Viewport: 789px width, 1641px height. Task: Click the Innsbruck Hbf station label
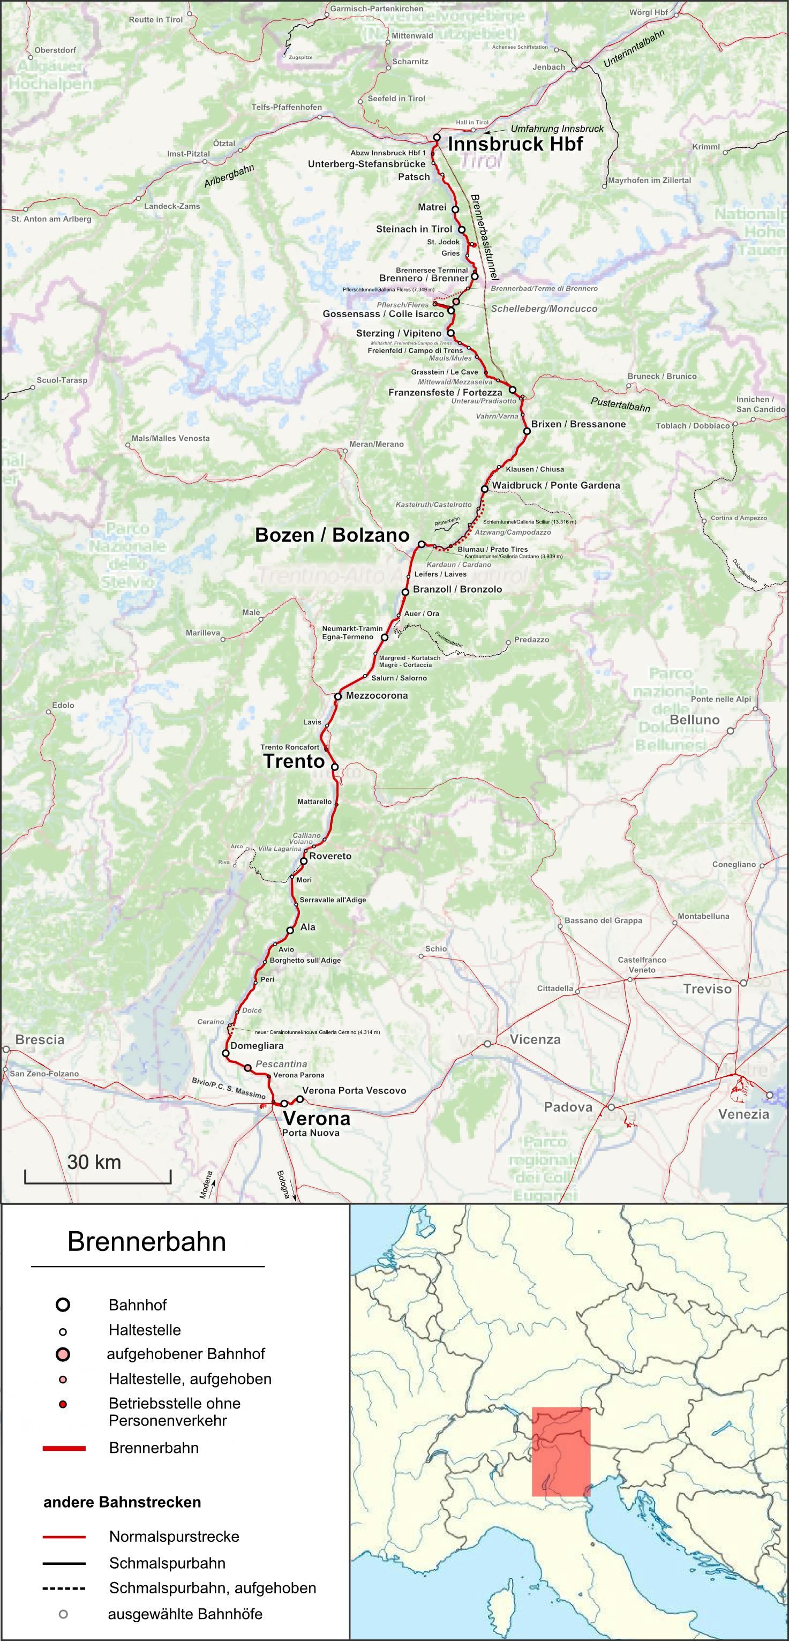pyautogui.click(x=515, y=144)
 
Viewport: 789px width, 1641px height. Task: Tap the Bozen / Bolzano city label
pyautogui.click(x=332, y=535)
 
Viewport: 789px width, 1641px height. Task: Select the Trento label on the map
pyautogui.click(x=294, y=761)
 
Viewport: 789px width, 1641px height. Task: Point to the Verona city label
pyautogui.click(x=316, y=1118)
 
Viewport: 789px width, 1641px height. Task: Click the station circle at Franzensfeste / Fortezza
pyautogui.click(x=512, y=390)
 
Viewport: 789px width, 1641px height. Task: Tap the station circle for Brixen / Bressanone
pyautogui.click(x=527, y=431)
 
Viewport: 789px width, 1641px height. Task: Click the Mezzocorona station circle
pyautogui.click(x=338, y=696)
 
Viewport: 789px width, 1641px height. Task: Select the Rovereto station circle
pyautogui.click(x=304, y=860)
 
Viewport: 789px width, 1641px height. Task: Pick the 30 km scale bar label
pyautogui.click(x=94, y=1162)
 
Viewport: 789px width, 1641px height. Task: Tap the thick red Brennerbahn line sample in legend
pyautogui.click(x=64, y=1448)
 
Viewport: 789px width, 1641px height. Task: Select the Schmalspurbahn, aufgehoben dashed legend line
pyautogui.click(x=64, y=1588)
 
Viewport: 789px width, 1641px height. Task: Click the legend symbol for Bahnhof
pyautogui.click(x=63, y=1305)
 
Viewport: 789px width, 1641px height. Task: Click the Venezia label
pyautogui.click(x=743, y=1114)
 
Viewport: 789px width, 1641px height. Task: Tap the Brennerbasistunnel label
pyautogui.click(x=484, y=236)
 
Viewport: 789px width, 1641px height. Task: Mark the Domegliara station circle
pyautogui.click(x=226, y=1053)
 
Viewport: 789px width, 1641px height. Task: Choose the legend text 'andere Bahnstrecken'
pyautogui.click(x=122, y=1502)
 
